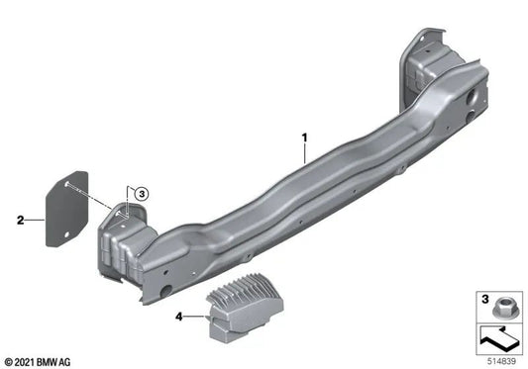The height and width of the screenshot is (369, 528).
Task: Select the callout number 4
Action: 178,317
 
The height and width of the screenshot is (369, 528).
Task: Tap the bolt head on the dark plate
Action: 61,183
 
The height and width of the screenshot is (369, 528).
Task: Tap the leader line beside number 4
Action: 194,317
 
